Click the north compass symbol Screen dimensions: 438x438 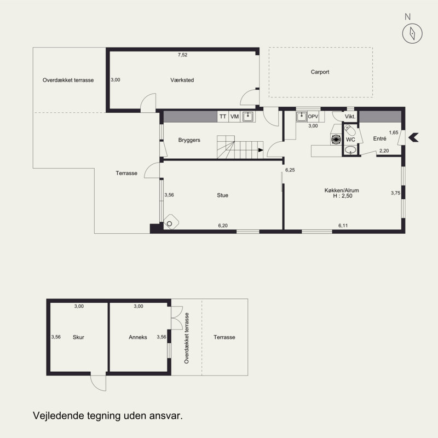click(x=412, y=33)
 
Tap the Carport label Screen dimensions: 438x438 click(x=320, y=72)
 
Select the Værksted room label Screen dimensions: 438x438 click(x=182, y=80)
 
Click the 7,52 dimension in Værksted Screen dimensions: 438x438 click(x=183, y=55)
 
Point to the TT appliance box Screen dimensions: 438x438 click(x=223, y=117)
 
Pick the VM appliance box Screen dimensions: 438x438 click(x=234, y=117)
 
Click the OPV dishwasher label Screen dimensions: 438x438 click(x=313, y=117)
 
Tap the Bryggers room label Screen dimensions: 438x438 click(x=189, y=140)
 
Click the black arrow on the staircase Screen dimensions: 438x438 click(x=261, y=150)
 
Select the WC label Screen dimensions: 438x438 click(x=350, y=140)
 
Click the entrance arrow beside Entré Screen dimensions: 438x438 click(x=413, y=137)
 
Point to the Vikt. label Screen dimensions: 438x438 click(x=350, y=117)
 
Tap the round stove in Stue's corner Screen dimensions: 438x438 click(x=171, y=222)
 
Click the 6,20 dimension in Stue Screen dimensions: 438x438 click(x=223, y=226)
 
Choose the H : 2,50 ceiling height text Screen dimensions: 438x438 click(x=343, y=196)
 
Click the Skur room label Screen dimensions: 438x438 click(x=78, y=337)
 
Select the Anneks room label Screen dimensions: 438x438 click(x=138, y=337)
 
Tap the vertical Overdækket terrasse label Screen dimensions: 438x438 click(x=187, y=338)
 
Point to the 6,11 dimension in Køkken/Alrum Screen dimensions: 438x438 click(x=343, y=226)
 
